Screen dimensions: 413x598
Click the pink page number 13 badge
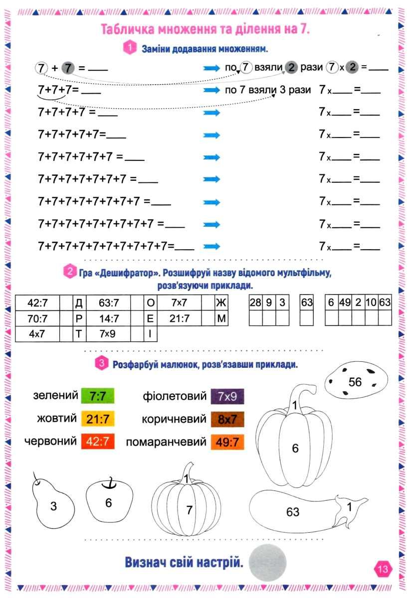click(383, 569)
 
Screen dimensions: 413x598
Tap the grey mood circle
click(267, 562)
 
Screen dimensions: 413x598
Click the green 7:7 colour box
click(98, 396)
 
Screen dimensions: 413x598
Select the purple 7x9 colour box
click(227, 397)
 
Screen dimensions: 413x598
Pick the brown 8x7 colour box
click(227, 420)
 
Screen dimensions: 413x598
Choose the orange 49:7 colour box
click(227, 443)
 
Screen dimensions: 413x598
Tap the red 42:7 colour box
click(98, 442)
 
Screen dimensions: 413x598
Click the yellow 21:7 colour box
click(98, 419)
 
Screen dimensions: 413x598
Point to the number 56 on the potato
click(355, 382)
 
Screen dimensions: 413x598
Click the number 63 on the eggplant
click(293, 512)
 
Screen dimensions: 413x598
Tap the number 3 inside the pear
click(53, 506)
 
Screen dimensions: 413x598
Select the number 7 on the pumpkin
click(189, 510)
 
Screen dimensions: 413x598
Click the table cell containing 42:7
click(37, 303)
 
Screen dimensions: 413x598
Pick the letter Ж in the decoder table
click(221, 303)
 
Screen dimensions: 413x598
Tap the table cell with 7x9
click(108, 334)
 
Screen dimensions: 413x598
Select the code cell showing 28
click(256, 302)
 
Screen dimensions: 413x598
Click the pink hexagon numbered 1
click(130, 48)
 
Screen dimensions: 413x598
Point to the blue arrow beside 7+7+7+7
click(211, 113)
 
